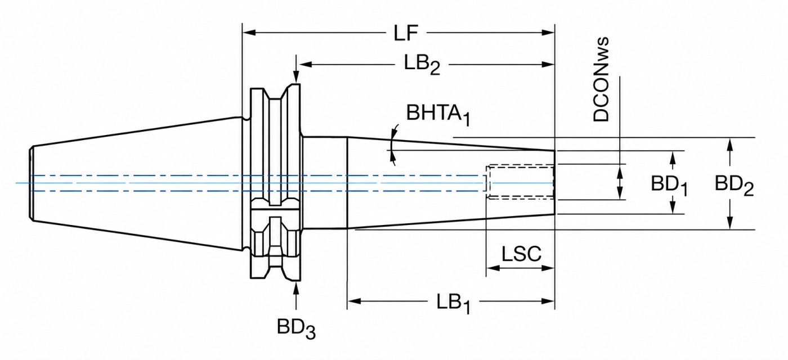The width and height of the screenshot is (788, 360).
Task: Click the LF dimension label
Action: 406,33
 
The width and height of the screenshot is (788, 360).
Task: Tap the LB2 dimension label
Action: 422,65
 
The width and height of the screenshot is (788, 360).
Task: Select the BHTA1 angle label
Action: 438,114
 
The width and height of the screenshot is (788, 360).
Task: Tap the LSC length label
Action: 521,254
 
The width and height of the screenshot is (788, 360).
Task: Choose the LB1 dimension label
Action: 453,303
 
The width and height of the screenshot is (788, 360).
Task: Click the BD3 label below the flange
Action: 296,328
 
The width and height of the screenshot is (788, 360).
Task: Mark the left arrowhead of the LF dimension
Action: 249,33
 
